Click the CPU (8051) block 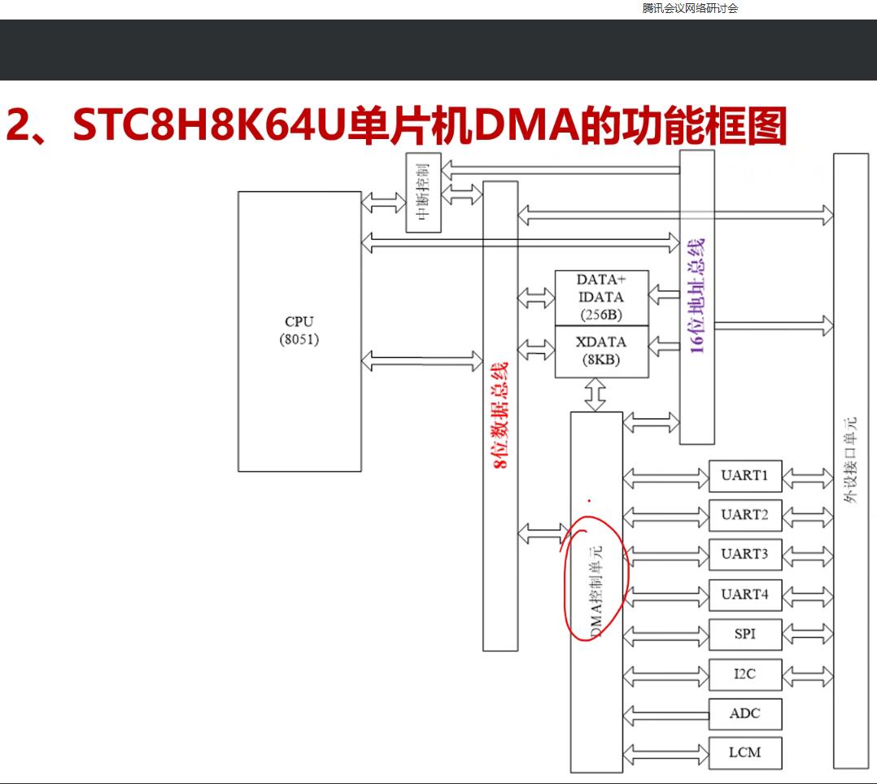click(x=299, y=331)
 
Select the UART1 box click(x=744, y=476)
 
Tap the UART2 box click(x=744, y=515)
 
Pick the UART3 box click(x=744, y=555)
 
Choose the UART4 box click(x=744, y=595)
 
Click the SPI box click(x=744, y=634)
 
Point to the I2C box click(x=744, y=673)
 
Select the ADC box click(x=744, y=713)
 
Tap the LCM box click(x=744, y=752)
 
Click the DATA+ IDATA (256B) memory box click(x=601, y=298)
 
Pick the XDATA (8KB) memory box click(x=601, y=351)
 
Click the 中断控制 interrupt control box click(x=422, y=192)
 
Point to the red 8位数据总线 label click(x=501, y=415)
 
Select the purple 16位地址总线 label click(x=697, y=295)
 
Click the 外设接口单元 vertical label click(x=851, y=460)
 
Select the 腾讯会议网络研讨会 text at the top click(x=690, y=9)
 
